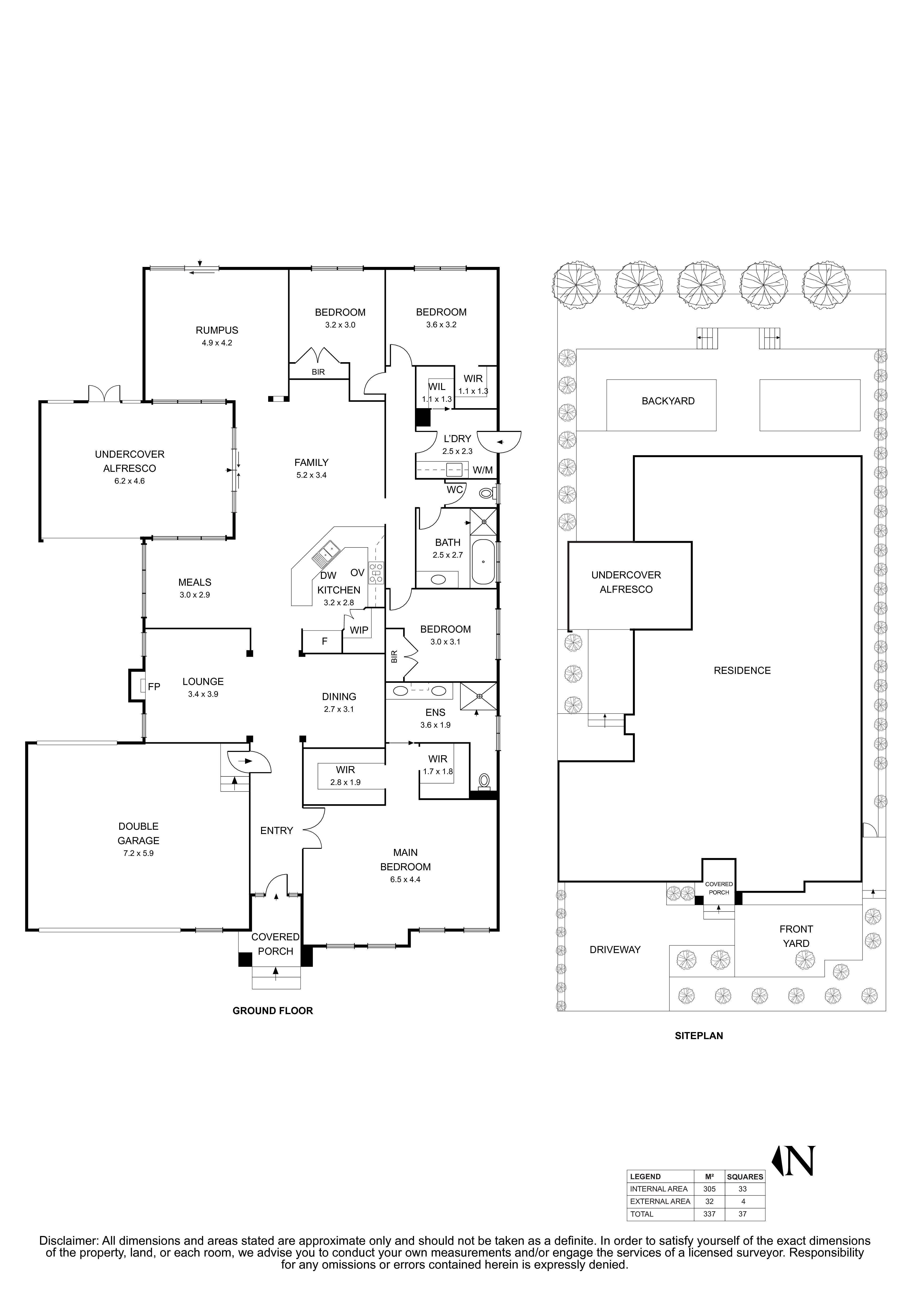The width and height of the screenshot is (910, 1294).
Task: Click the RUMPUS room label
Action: pos(217,330)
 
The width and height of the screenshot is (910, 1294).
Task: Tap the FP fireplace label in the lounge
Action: pos(154,686)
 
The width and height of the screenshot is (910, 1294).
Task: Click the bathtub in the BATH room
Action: pos(483,562)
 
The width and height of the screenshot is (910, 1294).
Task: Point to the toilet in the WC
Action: pos(485,494)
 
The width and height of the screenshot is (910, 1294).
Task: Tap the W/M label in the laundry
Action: pos(483,470)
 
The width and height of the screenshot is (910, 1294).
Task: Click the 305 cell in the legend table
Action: pos(709,1189)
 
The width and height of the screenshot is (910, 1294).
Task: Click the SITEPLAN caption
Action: pos(698,1035)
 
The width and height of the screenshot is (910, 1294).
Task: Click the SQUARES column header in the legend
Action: pos(744,1177)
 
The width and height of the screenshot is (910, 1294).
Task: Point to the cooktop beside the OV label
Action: pos(376,572)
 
